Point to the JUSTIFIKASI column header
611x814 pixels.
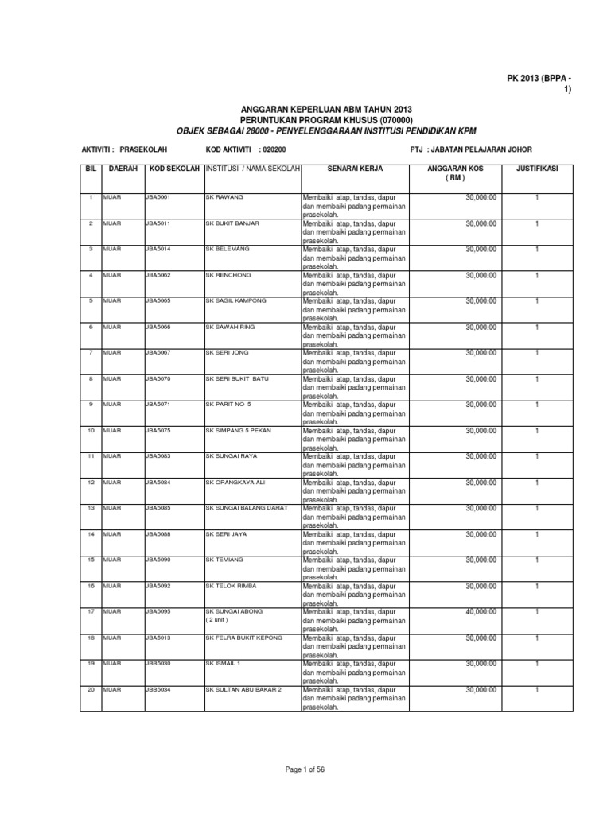[x=537, y=169]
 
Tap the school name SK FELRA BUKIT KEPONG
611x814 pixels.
[x=243, y=638]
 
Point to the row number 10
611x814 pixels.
[x=91, y=430]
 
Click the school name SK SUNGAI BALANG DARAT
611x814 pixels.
[x=247, y=508]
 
